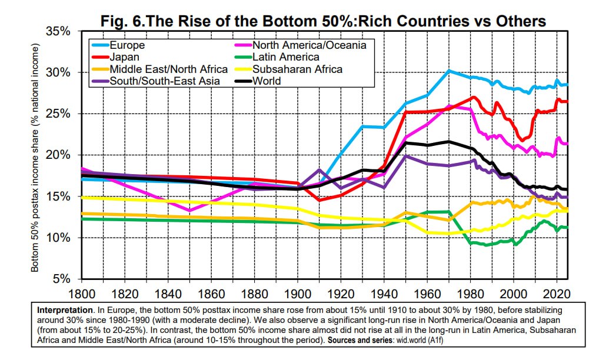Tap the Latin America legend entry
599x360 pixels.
tap(285, 57)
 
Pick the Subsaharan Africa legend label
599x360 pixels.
tap(297, 69)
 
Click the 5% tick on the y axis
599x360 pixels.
tap(62, 279)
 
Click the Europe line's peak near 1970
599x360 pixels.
tap(449, 71)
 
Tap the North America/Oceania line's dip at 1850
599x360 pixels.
tap(189, 210)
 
